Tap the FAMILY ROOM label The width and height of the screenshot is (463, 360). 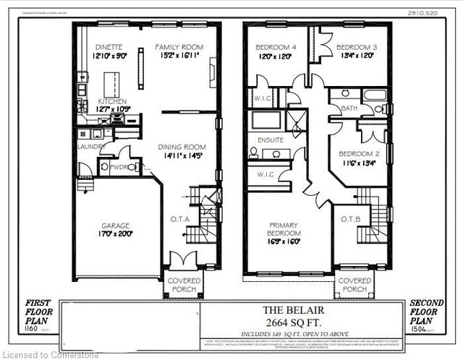pyautogui.click(x=179, y=47)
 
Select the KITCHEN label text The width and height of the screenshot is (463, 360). pyautogui.click(x=113, y=102)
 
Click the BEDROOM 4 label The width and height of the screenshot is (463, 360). pyautogui.click(x=274, y=48)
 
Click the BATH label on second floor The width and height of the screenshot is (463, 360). pyautogui.click(x=349, y=108)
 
